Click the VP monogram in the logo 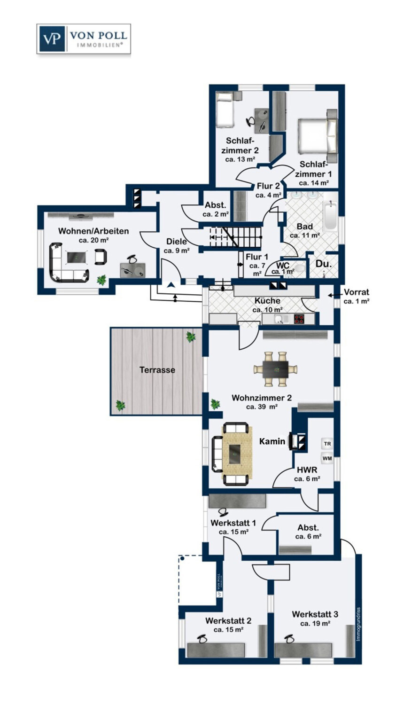(x=52, y=39)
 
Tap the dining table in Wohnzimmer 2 (x=276, y=369)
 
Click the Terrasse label (x=157, y=370)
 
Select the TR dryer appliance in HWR (x=327, y=444)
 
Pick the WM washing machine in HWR (x=327, y=458)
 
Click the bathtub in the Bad (x=331, y=216)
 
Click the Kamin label (x=272, y=441)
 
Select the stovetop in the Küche (x=299, y=319)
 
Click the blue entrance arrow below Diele (x=171, y=285)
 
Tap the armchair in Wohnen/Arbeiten (x=101, y=257)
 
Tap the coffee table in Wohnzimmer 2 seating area (x=235, y=454)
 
